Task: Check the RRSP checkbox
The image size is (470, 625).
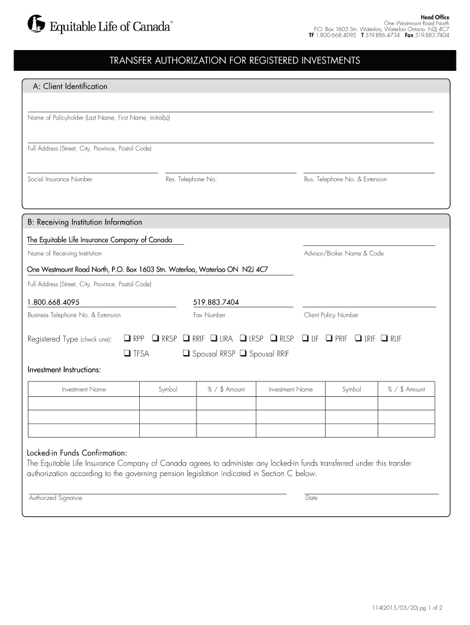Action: [x=156, y=338]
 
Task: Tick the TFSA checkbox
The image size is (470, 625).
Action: [x=127, y=353]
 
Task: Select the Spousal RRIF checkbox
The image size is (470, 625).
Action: [x=244, y=353]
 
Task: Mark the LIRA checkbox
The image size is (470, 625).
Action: [x=214, y=338]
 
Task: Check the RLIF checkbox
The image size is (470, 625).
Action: [x=385, y=338]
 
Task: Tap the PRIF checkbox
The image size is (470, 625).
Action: [x=329, y=338]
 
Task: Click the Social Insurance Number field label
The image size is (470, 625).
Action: [x=60, y=179]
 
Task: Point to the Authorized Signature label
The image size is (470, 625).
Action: [x=56, y=498]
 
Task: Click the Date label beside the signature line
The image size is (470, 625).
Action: [x=311, y=498]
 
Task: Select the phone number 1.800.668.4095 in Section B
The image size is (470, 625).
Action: [x=53, y=302]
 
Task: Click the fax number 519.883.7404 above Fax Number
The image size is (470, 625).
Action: [x=216, y=302]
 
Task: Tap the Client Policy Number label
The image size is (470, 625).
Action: [x=331, y=315]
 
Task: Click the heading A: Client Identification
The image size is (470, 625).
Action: [x=70, y=87]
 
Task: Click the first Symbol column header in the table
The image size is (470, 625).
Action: [x=168, y=389]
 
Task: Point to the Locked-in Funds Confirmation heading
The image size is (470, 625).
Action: [x=77, y=453]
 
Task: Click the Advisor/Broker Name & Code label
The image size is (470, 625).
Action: [x=344, y=253]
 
